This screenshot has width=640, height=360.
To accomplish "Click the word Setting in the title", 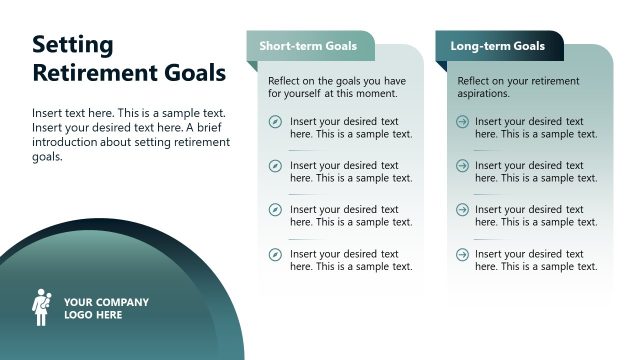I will click(x=73, y=45).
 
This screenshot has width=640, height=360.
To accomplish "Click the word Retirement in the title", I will click(x=96, y=73).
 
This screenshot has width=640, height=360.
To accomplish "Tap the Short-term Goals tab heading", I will click(x=308, y=46).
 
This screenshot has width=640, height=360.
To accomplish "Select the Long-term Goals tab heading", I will click(x=497, y=46).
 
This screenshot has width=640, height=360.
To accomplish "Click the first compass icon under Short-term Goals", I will click(x=275, y=122).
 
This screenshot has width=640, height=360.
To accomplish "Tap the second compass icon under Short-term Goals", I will click(x=275, y=166).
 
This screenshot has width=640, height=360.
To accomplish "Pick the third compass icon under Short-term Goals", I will click(x=275, y=210).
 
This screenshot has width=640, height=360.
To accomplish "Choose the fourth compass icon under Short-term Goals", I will click(x=275, y=254).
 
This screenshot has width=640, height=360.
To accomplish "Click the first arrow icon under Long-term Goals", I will click(x=462, y=122).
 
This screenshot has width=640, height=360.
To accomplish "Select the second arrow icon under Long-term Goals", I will click(x=462, y=166).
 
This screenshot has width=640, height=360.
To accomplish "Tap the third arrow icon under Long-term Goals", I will click(x=462, y=210).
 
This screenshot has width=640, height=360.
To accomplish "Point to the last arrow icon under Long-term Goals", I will click(x=462, y=254).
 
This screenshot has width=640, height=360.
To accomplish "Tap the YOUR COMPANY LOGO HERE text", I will click(x=106, y=308).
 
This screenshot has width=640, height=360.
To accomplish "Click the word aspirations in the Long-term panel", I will click(x=484, y=93).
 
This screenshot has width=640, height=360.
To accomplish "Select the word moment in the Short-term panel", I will click(x=377, y=93).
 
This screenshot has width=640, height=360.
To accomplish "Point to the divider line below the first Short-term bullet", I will click(x=305, y=149).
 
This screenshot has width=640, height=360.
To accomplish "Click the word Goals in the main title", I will click(x=195, y=73).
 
